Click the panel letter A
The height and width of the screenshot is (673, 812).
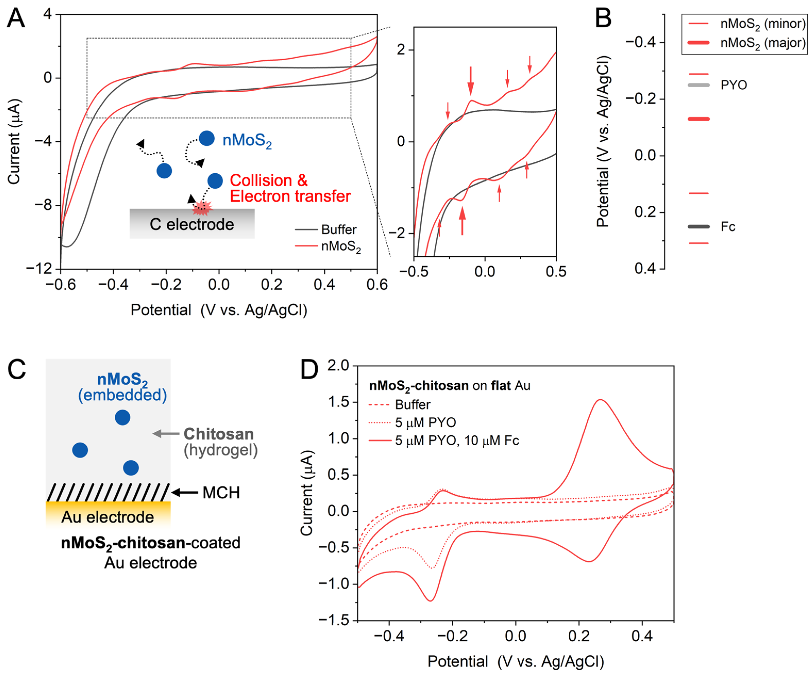click(16, 18)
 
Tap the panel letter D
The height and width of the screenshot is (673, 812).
click(309, 370)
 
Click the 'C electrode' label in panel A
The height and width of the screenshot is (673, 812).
click(192, 225)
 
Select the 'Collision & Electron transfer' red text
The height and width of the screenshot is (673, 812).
click(290, 188)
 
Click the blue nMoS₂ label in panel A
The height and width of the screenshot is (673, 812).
click(247, 140)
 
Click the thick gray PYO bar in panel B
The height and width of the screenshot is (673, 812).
click(698, 85)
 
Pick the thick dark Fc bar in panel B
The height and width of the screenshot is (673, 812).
click(698, 226)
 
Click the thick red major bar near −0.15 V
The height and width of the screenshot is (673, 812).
click(698, 119)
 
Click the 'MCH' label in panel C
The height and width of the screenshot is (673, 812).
click(221, 493)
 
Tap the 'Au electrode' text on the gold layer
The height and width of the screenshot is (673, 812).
click(107, 517)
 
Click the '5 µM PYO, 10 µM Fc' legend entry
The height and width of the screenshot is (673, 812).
click(457, 441)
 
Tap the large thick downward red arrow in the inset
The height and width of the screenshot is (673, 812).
click(470, 80)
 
